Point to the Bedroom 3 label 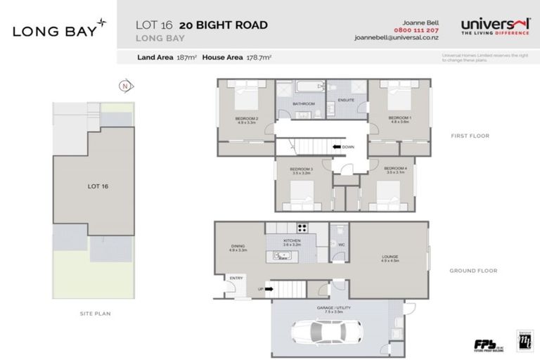tap(301, 171)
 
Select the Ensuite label tap(345, 101)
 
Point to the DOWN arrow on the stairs tap(338, 147)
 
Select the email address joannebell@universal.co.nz tap(393, 39)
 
